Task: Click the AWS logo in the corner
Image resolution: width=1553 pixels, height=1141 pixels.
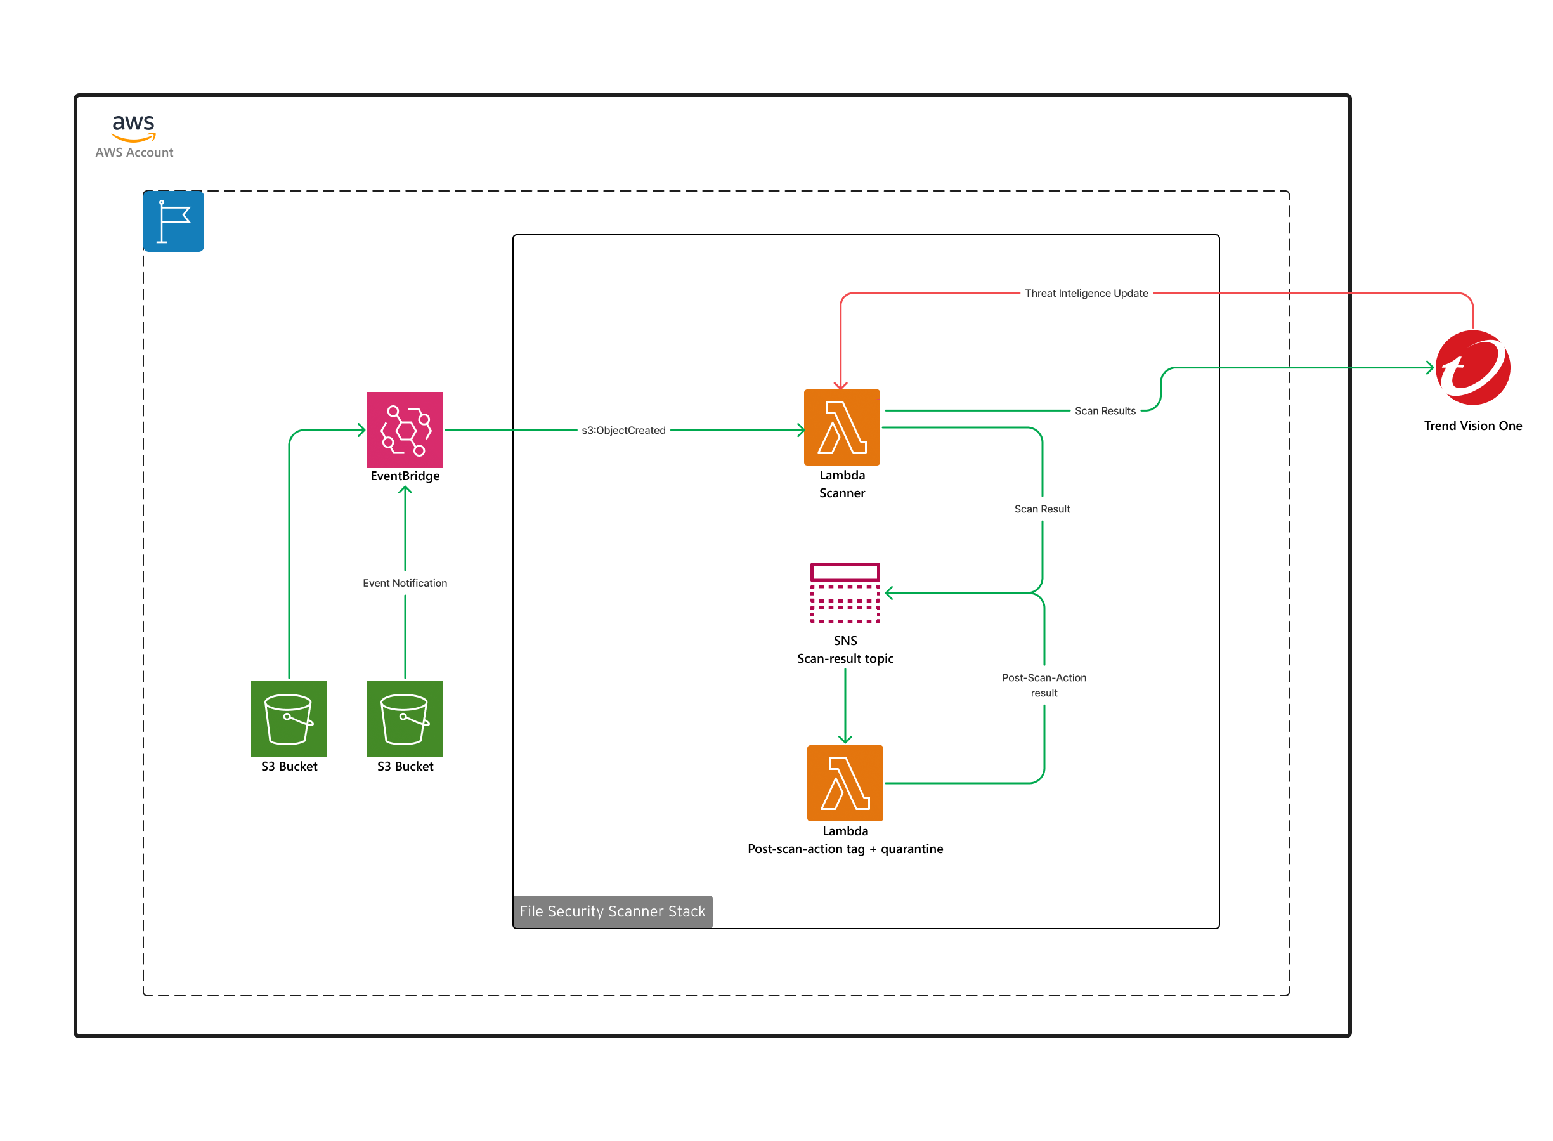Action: click(133, 127)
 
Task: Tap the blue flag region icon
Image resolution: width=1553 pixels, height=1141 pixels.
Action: click(173, 221)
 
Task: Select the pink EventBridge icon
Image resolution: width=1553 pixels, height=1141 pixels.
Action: click(405, 429)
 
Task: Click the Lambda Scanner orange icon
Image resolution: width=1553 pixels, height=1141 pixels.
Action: click(841, 427)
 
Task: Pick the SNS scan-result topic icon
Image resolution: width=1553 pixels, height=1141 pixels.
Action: click(845, 593)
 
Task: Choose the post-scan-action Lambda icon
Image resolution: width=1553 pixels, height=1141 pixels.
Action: click(845, 783)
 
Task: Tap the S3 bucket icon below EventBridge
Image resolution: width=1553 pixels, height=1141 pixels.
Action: click(405, 719)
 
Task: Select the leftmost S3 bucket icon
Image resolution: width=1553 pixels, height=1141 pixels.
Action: click(289, 719)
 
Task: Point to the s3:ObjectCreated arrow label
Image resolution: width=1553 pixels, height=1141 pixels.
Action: click(623, 430)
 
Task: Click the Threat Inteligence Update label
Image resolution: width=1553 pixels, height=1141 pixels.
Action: click(1086, 294)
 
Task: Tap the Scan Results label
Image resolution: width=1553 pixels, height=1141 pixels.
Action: click(1104, 411)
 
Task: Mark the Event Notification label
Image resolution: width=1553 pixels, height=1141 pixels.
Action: click(405, 583)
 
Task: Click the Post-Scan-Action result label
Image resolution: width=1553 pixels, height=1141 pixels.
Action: click(1043, 685)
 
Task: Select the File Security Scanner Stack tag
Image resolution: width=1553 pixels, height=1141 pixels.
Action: click(612, 911)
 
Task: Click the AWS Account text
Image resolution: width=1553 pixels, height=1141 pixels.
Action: click(134, 153)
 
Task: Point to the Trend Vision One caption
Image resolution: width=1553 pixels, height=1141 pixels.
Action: click(1472, 426)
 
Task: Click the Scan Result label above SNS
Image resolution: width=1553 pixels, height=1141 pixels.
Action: click(1041, 509)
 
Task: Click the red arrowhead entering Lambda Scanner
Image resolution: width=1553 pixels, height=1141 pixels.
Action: click(840, 386)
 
